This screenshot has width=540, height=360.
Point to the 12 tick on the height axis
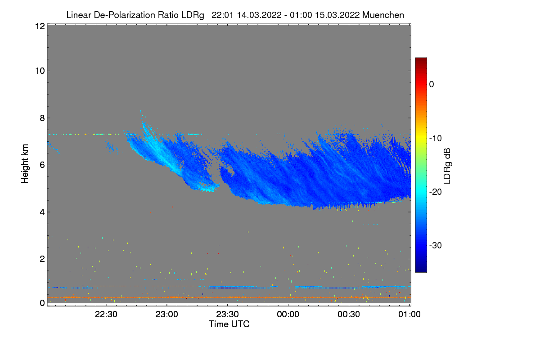pyautogui.click(x=39, y=26)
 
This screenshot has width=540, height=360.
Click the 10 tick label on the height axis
pyautogui.click(x=39, y=71)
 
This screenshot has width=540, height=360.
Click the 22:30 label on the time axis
pyautogui.click(x=106, y=315)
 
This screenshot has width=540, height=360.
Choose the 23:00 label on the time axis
pyautogui.click(x=167, y=315)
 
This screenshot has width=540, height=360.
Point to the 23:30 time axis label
pyautogui.click(x=228, y=315)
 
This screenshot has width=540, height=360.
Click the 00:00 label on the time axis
pyautogui.click(x=288, y=315)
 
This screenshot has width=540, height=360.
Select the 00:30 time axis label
pyautogui.click(x=349, y=315)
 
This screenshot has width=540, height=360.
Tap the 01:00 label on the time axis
pyautogui.click(x=409, y=315)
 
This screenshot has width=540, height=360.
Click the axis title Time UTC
pyautogui.click(x=229, y=324)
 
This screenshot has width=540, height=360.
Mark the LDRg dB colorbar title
pyautogui.click(x=447, y=165)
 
